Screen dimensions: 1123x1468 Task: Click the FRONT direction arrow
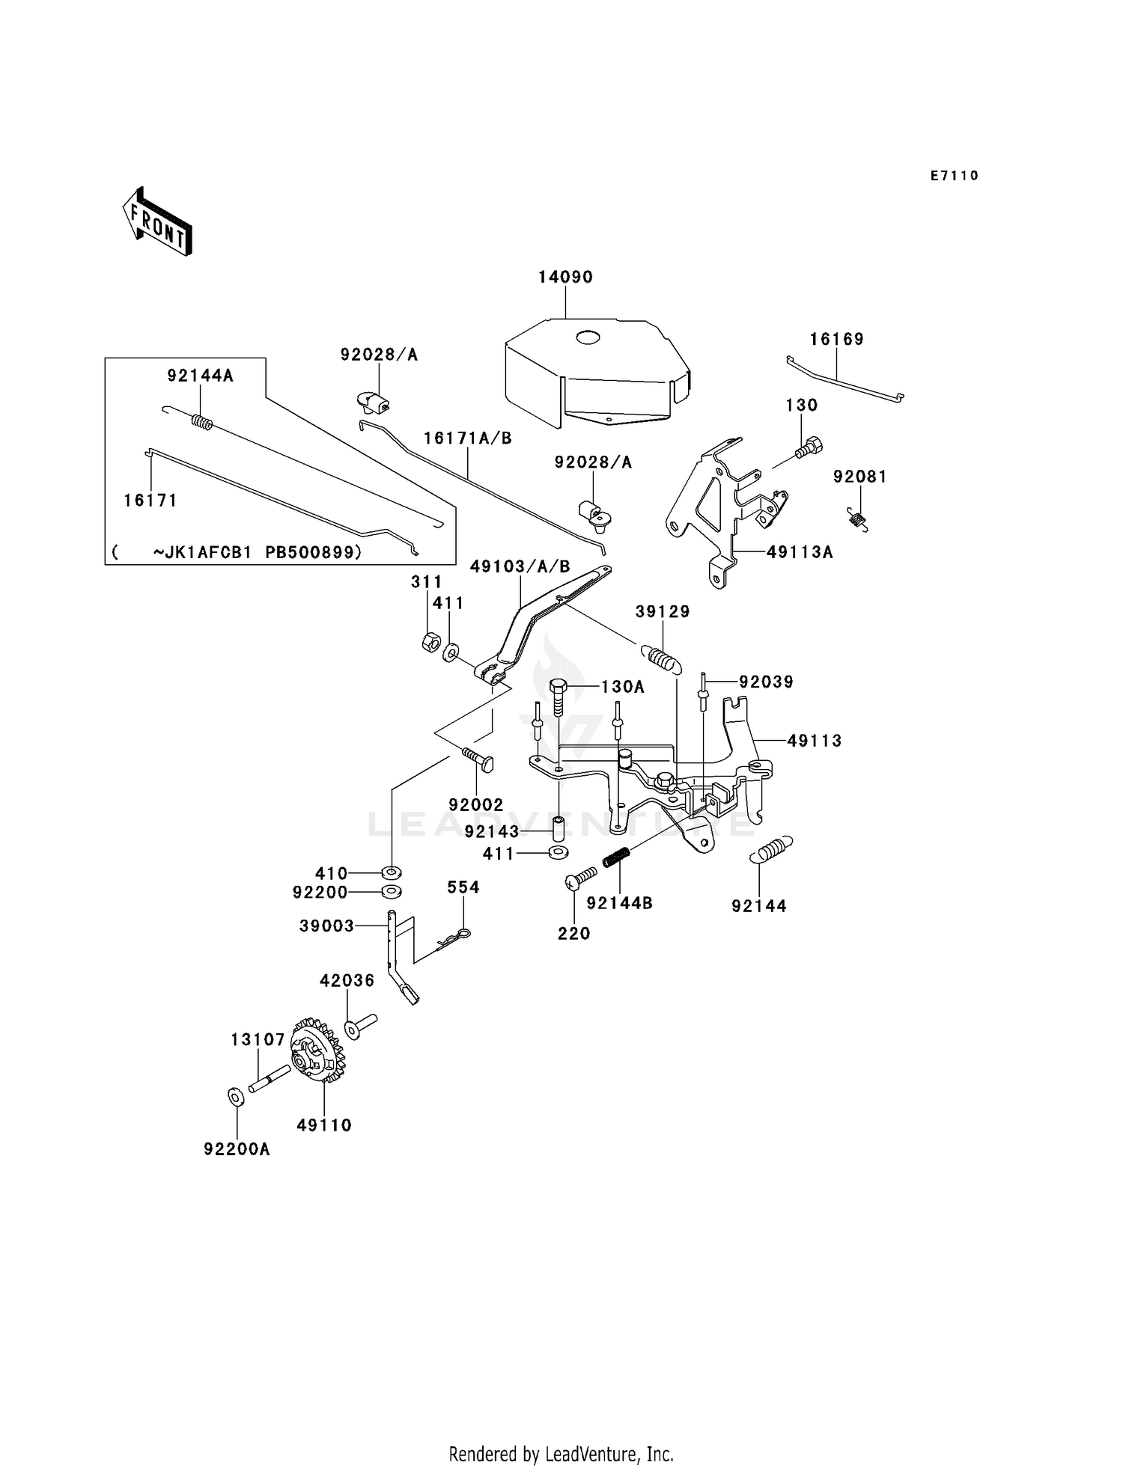pyautogui.click(x=157, y=222)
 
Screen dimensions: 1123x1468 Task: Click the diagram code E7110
pyautogui.click(x=955, y=176)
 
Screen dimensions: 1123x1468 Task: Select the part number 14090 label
pyautogui.click(x=565, y=277)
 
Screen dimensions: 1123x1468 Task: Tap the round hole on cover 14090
pyautogui.click(x=588, y=337)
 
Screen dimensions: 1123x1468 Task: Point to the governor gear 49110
pyautogui.click(x=317, y=1050)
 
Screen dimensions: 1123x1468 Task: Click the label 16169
pyautogui.click(x=837, y=339)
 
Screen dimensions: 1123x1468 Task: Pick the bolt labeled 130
pyautogui.click(x=808, y=448)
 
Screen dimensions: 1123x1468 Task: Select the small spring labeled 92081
pyautogui.click(x=858, y=519)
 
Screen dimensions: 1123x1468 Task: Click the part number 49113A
pyautogui.click(x=800, y=552)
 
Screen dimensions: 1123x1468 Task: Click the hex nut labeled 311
pyautogui.click(x=429, y=643)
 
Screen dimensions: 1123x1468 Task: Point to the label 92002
pyautogui.click(x=476, y=804)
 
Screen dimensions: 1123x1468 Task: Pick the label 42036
pyautogui.click(x=347, y=980)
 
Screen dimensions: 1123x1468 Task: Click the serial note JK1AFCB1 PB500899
pyautogui.click(x=258, y=552)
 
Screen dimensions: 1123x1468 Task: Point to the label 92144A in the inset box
pyautogui.click(x=201, y=376)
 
